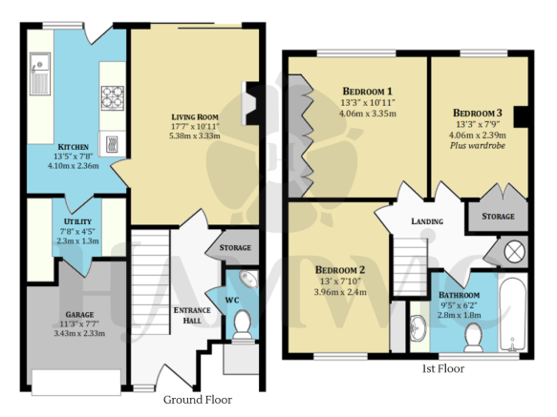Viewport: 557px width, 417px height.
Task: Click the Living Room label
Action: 195,117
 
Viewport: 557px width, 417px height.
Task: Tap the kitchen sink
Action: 40,73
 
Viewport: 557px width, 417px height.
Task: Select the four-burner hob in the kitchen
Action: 113,97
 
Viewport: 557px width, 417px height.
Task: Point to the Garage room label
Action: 79,315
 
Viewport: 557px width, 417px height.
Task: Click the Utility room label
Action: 77,221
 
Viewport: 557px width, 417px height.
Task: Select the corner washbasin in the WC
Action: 248,280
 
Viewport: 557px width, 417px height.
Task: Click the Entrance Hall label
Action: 192,315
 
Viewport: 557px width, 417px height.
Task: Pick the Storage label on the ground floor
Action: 235,247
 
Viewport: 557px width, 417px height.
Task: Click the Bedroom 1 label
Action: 367,92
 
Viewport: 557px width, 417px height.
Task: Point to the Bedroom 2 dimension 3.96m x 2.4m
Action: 340,292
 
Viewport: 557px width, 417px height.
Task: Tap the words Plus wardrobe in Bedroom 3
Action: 478,145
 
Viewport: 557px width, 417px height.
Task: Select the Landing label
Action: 427,221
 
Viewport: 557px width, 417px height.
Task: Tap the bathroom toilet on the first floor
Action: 474,337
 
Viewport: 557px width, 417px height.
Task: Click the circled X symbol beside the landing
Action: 514,252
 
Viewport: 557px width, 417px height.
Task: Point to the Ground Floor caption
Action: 198,400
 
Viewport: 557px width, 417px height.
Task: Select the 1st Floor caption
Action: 443,368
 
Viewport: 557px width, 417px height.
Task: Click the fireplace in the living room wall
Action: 250,103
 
